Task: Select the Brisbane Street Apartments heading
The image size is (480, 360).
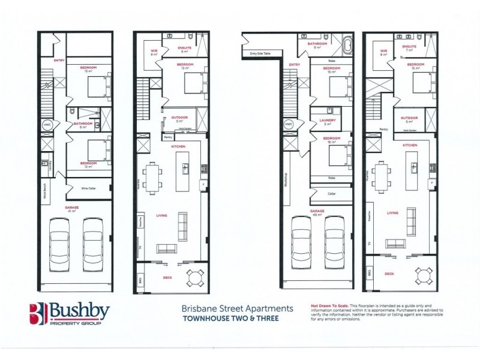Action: (238, 308)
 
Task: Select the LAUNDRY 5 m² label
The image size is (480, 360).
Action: (328, 122)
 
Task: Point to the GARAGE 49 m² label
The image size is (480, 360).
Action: (317, 212)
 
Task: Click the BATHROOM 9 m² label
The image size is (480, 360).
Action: (317, 45)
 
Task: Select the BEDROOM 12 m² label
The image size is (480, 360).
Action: (88, 165)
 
